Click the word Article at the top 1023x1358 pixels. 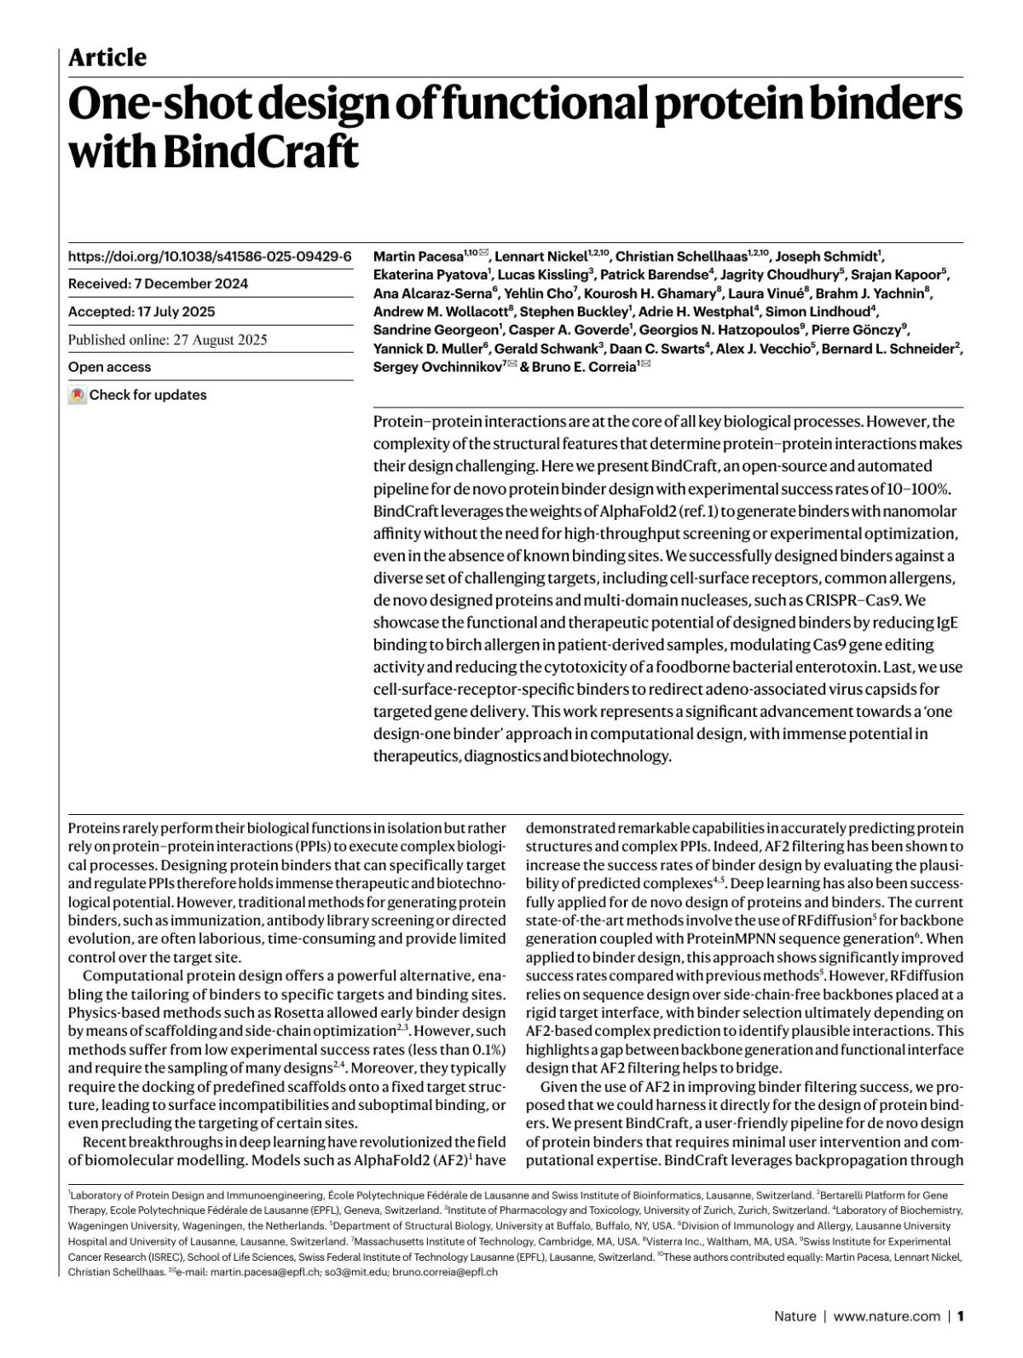tap(107, 58)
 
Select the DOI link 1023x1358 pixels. tap(210, 257)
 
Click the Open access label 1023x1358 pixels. tap(109, 367)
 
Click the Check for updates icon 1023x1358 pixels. tap(78, 396)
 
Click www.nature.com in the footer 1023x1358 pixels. tap(887, 1316)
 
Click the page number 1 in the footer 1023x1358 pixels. tap(960, 1316)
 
